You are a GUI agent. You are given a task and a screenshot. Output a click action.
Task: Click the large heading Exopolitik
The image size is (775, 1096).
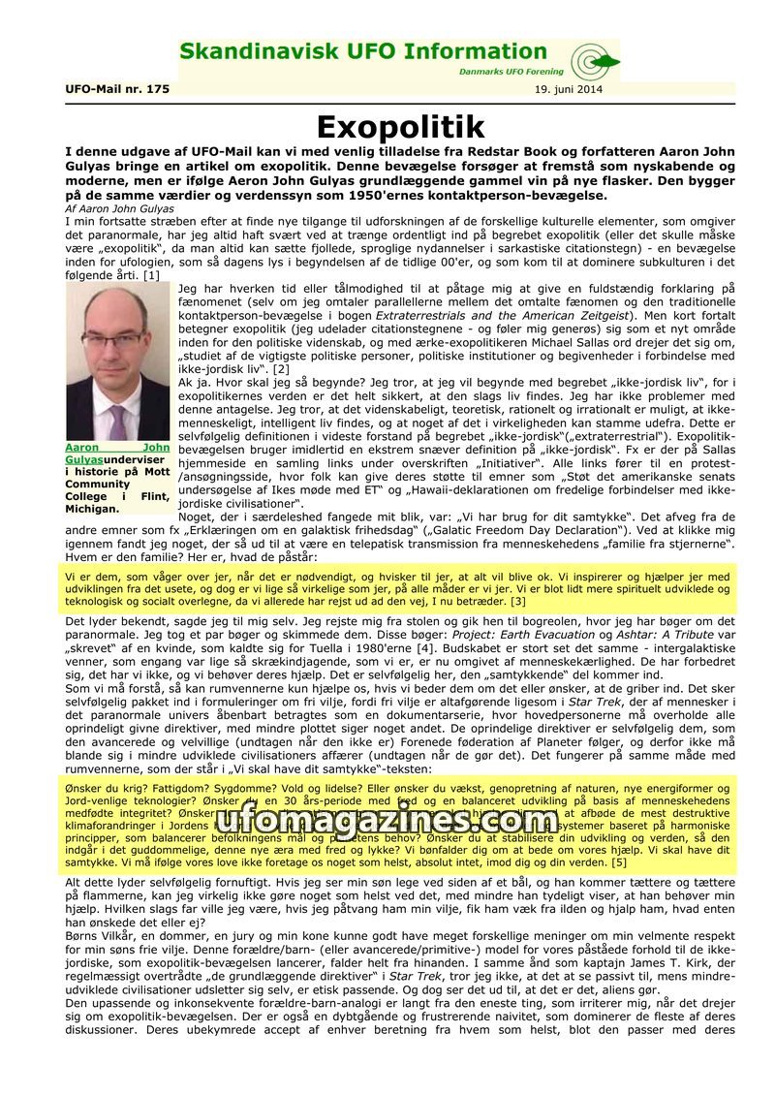click(400, 128)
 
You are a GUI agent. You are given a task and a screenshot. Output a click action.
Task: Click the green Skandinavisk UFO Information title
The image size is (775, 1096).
click(363, 52)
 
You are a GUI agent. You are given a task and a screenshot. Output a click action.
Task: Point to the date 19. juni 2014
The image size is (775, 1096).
click(569, 89)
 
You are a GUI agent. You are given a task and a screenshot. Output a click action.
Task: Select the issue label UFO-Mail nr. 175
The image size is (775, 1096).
click(117, 89)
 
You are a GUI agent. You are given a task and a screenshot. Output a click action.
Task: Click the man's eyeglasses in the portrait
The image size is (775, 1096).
click(114, 341)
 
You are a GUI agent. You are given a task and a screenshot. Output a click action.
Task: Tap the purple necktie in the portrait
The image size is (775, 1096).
click(118, 420)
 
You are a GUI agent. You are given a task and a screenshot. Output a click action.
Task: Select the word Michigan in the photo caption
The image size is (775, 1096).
click(93, 508)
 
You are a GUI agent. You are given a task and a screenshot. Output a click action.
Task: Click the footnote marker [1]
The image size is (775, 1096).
click(151, 275)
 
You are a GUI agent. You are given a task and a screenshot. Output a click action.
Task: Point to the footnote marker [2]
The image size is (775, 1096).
click(281, 369)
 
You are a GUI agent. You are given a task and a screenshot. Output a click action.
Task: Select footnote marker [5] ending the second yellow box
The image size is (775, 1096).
click(619, 861)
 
